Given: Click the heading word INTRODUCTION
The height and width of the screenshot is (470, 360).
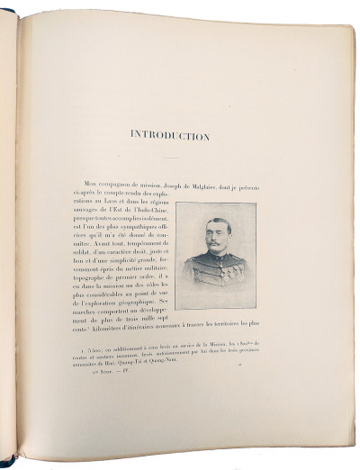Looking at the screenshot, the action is pyautogui.click(x=171, y=136).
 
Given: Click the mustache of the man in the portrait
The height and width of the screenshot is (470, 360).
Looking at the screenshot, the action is pyautogui.click(x=217, y=246).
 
